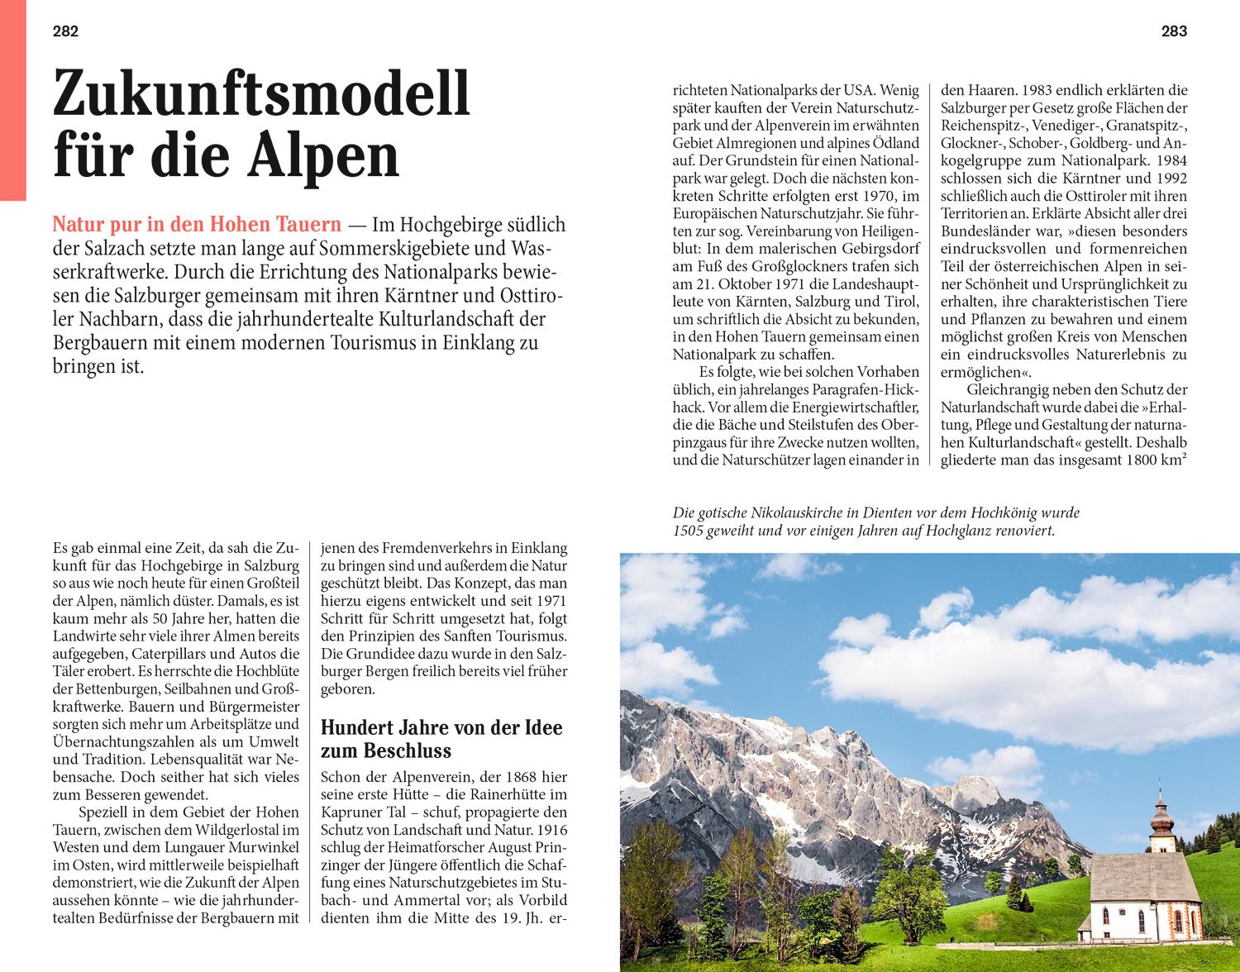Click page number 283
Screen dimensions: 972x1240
pos(1174,32)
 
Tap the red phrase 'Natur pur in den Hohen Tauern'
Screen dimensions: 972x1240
pos(197,224)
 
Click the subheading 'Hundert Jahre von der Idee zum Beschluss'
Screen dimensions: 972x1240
pos(441,739)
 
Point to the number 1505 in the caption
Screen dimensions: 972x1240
pos(688,531)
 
